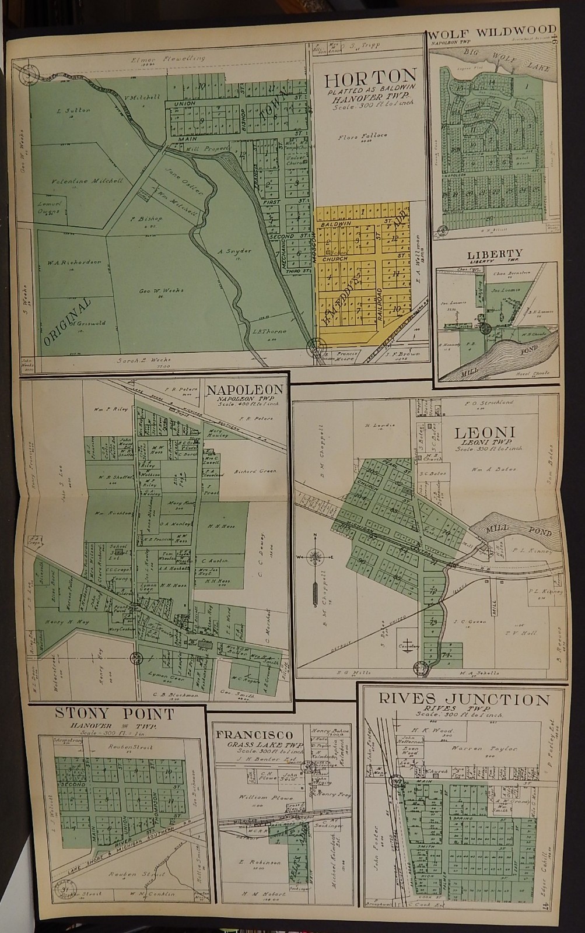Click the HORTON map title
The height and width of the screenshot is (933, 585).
370,77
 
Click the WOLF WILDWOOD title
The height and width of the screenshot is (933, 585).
491,31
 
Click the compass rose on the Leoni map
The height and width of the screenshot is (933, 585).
314,556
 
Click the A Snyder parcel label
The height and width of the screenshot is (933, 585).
237,251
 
